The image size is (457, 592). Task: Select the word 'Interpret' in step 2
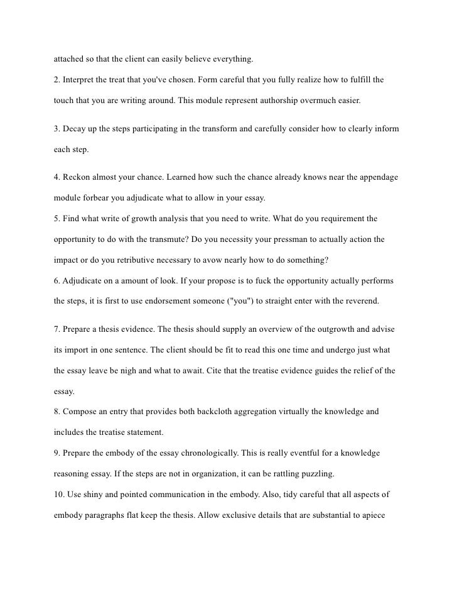tap(80, 82)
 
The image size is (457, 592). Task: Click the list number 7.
tap(56, 329)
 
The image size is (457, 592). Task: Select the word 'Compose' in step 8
tap(80, 412)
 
